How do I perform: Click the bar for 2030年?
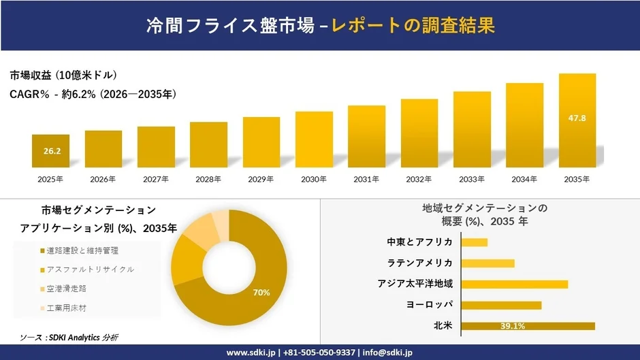(314, 140)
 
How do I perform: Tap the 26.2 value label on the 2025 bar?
(51, 151)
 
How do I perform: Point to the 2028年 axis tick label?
(208, 180)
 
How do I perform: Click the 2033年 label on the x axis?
(472, 180)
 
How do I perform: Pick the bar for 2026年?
(103, 149)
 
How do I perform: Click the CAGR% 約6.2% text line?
(93, 95)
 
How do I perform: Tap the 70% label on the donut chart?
(261, 293)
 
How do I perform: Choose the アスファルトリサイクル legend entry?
(86, 269)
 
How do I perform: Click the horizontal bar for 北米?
(528, 326)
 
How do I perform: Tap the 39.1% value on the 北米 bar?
(512, 326)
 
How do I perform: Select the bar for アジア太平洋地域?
(514, 284)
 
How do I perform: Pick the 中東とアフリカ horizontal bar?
(475, 242)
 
